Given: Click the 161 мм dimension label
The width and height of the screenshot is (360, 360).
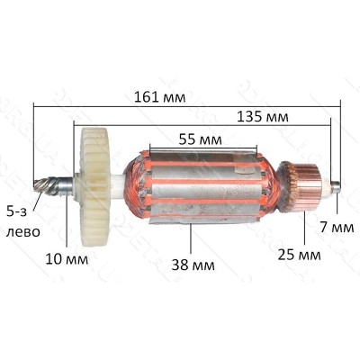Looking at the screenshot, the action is [x=159, y=97].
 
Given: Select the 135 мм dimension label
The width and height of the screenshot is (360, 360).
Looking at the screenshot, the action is [x=263, y=117].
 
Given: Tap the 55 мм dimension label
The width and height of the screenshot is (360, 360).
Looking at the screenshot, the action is [x=201, y=139].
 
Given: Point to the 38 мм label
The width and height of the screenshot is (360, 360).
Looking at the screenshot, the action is [x=193, y=265].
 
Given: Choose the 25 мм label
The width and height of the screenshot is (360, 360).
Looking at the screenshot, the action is [x=299, y=255].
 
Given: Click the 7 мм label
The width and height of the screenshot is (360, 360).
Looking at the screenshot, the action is [x=337, y=228].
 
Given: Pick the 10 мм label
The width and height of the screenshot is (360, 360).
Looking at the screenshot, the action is [x=67, y=259].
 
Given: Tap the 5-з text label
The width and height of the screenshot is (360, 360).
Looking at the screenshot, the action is [x=17, y=212].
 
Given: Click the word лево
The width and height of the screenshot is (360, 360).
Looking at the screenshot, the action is [x=23, y=232].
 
